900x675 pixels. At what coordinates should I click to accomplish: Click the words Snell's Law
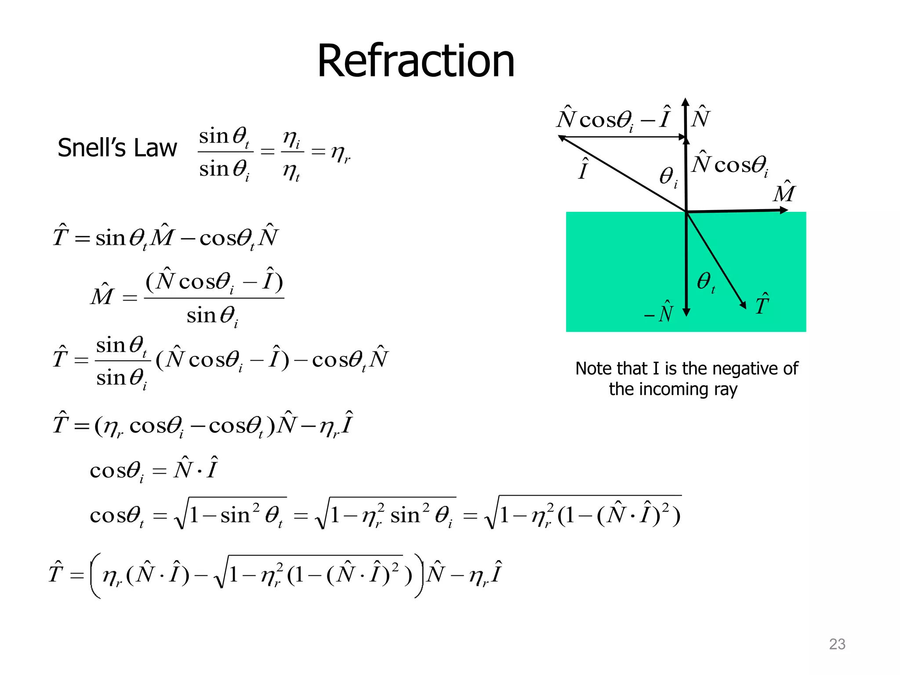117,148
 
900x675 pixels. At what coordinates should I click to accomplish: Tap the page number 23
837,644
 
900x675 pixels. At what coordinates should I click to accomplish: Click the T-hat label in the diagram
762,304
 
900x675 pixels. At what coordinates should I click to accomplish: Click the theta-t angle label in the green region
706,282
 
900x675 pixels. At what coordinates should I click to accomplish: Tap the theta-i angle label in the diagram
668,177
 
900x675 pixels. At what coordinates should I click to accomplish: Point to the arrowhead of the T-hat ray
743,305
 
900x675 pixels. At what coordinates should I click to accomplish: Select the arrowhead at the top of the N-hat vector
686,102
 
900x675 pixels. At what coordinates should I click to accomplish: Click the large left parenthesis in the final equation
96,575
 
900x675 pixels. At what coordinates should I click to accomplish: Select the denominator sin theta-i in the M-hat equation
212,316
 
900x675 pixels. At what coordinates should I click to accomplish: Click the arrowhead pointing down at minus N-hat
686,312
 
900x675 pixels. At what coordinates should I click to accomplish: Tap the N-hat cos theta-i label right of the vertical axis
730,164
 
